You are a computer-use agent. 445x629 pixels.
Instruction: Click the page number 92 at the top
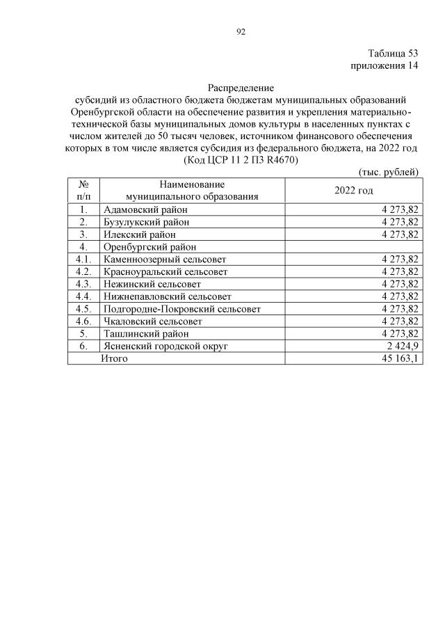tap(241, 31)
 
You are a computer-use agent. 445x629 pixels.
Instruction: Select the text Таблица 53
tap(393, 54)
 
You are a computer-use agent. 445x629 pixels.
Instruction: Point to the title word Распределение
tap(241, 88)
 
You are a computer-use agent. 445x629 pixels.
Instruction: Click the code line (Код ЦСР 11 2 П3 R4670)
tap(241, 159)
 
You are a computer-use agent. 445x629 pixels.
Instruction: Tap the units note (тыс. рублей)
tap(388, 171)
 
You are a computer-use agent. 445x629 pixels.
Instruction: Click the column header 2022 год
tap(353, 190)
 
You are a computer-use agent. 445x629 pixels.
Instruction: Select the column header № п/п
tap(83, 190)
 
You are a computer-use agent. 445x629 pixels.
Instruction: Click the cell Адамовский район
tap(145, 209)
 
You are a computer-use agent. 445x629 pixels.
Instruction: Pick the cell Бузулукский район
tap(146, 221)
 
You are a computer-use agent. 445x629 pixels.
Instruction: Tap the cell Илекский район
tap(139, 234)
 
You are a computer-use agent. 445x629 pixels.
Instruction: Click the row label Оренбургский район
tap(149, 246)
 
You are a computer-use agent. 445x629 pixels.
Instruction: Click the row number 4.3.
tap(83, 284)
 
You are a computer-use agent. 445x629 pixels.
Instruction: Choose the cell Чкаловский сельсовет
tap(152, 321)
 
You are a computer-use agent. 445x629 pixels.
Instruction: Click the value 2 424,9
tap(399, 346)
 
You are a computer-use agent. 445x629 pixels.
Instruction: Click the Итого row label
tap(115, 358)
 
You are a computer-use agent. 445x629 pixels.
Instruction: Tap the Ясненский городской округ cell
tap(165, 346)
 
